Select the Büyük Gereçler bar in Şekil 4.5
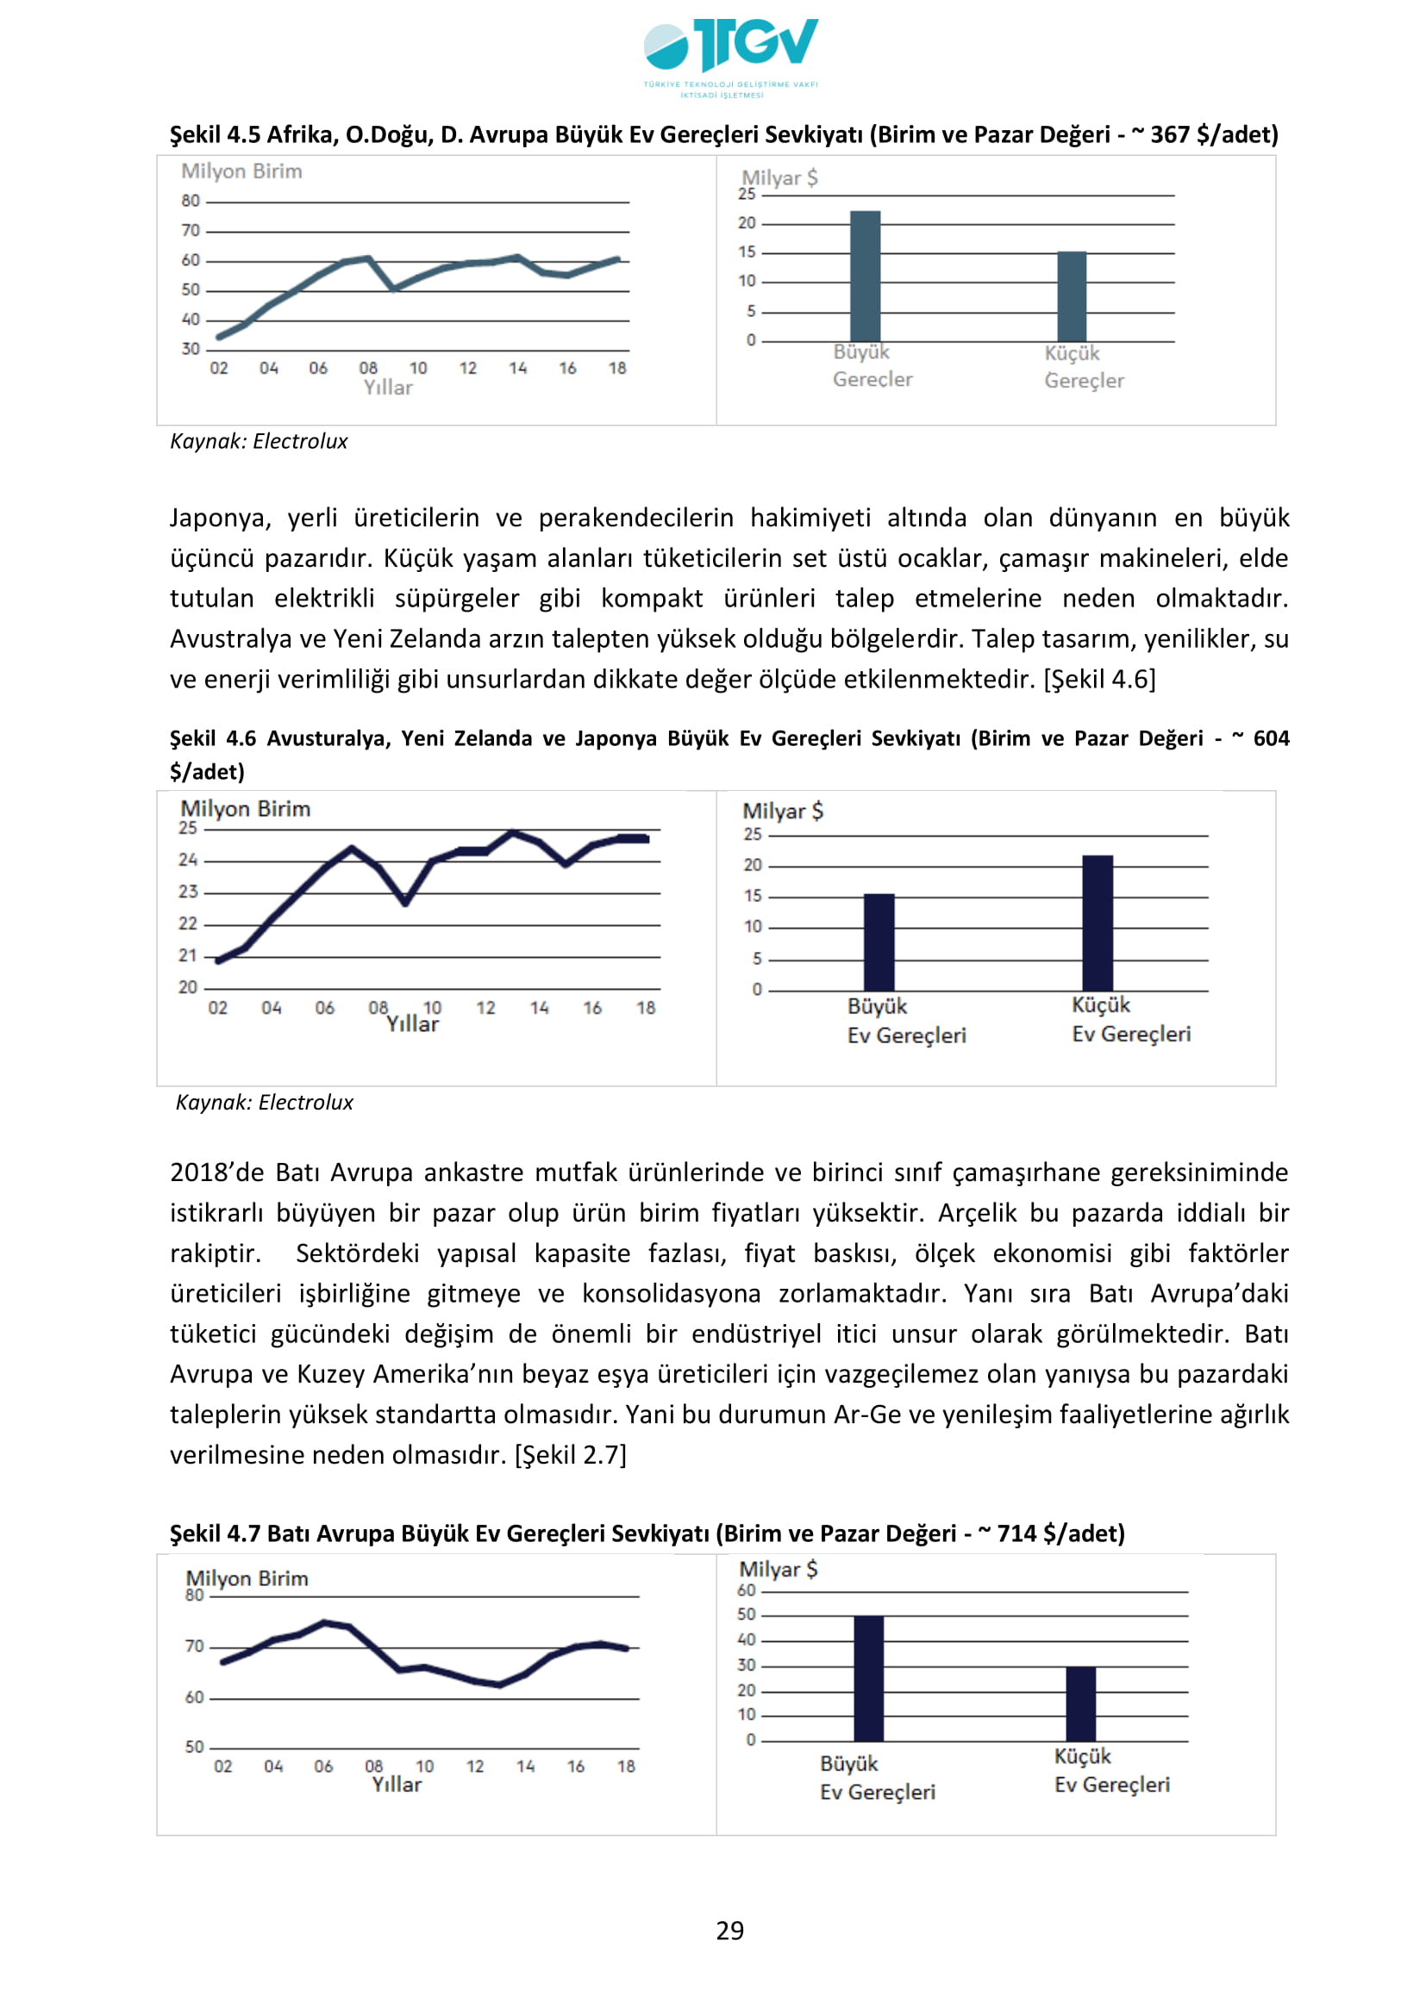[x=865, y=276]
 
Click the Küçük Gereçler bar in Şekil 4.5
[x=1072, y=295]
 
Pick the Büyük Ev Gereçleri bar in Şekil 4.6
[x=879, y=942]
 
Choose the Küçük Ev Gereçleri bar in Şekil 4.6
[x=1098, y=923]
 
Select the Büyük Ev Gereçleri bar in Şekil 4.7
[x=868, y=1677]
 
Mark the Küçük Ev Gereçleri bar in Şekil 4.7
[x=1081, y=1702]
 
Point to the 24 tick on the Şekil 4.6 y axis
[x=188, y=860]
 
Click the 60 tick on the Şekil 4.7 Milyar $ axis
[x=747, y=1590]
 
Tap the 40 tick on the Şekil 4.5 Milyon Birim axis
[x=191, y=320]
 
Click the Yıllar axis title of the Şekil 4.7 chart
[x=397, y=1784]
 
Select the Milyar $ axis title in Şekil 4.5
[x=779, y=178]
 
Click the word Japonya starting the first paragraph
[x=220, y=518]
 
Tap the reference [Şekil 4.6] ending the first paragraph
[x=1099, y=679]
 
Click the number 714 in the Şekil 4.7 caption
[x=1016, y=1533]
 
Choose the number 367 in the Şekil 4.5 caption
[x=1170, y=134]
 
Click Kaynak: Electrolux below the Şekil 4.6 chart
[x=265, y=1103]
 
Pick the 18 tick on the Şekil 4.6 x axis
[x=647, y=1009]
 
